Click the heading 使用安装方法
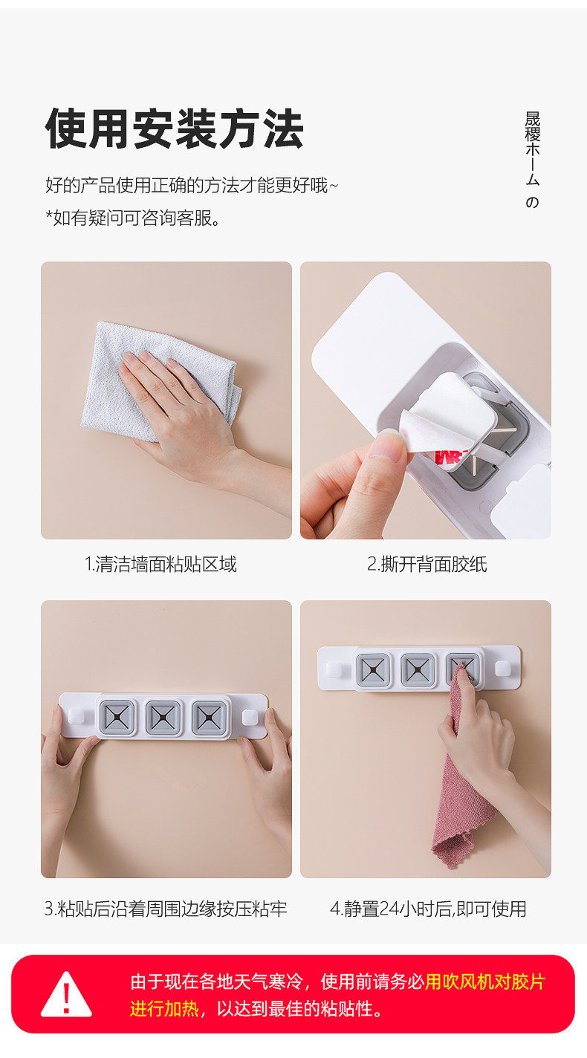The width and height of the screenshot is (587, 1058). click(175, 129)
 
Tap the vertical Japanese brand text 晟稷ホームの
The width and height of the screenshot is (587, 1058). click(532, 160)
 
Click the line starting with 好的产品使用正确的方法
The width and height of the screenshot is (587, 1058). click(192, 185)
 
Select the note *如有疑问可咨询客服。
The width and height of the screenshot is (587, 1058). click(133, 218)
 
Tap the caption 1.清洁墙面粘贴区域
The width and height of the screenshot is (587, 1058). click(160, 564)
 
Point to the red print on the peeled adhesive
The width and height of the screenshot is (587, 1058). click(449, 457)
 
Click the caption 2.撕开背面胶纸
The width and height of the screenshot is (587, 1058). click(427, 564)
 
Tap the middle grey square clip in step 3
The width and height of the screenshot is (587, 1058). click(163, 718)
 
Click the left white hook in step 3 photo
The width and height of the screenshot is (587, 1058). click(77, 716)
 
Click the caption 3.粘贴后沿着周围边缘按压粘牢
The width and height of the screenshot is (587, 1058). click(165, 909)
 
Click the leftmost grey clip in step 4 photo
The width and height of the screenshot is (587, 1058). click(373, 669)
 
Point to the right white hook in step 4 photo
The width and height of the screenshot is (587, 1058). click(502, 669)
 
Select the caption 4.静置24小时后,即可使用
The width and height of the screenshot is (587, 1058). click(428, 909)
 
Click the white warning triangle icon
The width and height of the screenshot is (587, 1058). click(66, 994)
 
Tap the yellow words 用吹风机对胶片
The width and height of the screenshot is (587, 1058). click(485, 982)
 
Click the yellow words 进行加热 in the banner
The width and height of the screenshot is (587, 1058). click(164, 1009)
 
